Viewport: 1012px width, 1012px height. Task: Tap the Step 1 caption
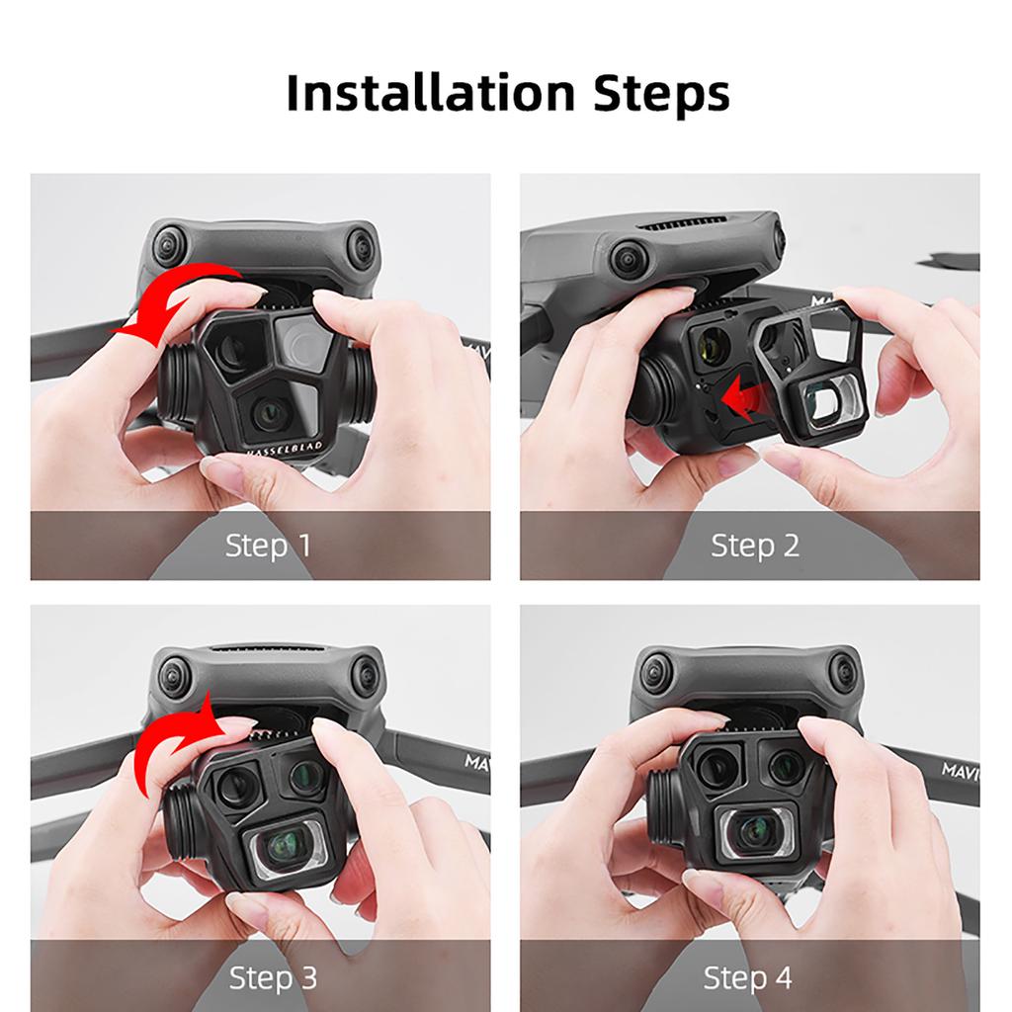tap(268, 545)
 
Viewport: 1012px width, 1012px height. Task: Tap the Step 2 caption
tap(754, 545)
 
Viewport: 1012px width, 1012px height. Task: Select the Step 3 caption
tap(273, 977)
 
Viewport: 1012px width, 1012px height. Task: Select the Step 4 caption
tap(747, 977)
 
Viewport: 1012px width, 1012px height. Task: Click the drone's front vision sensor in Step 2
tap(631, 259)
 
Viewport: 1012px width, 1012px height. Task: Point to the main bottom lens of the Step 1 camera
tap(269, 413)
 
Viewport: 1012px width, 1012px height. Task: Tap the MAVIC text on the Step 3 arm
tap(474, 762)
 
